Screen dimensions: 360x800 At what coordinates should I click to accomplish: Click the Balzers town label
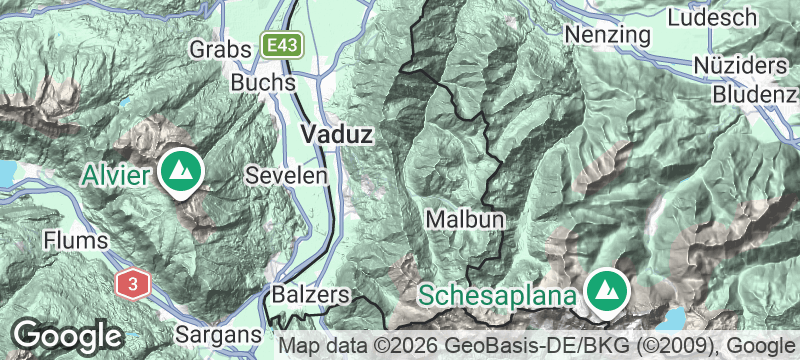310,295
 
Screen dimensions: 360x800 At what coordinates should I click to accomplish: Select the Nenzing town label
607,33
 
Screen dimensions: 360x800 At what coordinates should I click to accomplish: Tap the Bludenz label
756,94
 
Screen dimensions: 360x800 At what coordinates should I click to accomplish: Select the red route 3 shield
131,284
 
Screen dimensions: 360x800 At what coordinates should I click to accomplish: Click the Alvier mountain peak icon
182,172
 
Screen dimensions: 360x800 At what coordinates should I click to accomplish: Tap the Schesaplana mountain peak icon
606,290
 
